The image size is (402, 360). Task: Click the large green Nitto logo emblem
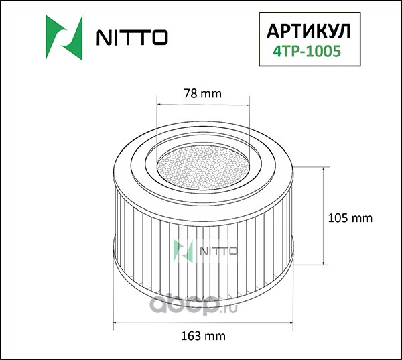click(64, 38)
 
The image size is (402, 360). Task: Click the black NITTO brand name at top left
click(132, 38)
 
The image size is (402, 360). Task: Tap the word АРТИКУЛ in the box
click(308, 32)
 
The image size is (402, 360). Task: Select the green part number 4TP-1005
click(307, 51)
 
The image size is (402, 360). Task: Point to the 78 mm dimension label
click(202, 93)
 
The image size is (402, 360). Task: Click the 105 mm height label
click(350, 218)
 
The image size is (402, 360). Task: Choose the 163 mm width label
click(203, 336)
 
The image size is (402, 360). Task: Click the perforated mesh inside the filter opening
click(203, 168)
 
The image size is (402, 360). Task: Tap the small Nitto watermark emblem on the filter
click(183, 251)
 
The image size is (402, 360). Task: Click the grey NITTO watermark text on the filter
click(218, 251)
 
